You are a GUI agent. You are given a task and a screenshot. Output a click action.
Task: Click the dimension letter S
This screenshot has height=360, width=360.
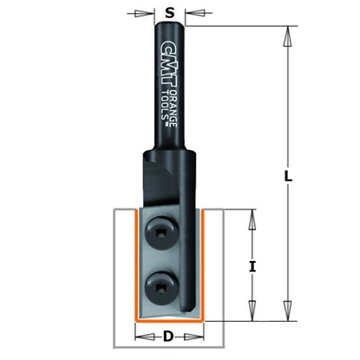pyautogui.click(x=169, y=13)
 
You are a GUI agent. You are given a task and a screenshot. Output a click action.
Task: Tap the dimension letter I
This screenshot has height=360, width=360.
pyautogui.click(x=252, y=267)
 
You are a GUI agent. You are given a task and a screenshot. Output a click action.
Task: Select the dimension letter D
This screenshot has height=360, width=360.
pyautogui.click(x=169, y=335)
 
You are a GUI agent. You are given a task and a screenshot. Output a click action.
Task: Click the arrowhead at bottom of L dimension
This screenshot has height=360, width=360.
pyautogui.click(x=286, y=317)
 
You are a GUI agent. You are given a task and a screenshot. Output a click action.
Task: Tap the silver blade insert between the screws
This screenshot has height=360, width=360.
pyautogui.click(x=161, y=258)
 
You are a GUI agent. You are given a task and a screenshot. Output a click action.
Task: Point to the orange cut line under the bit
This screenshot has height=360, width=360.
pyautogui.click(x=169, y=322)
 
